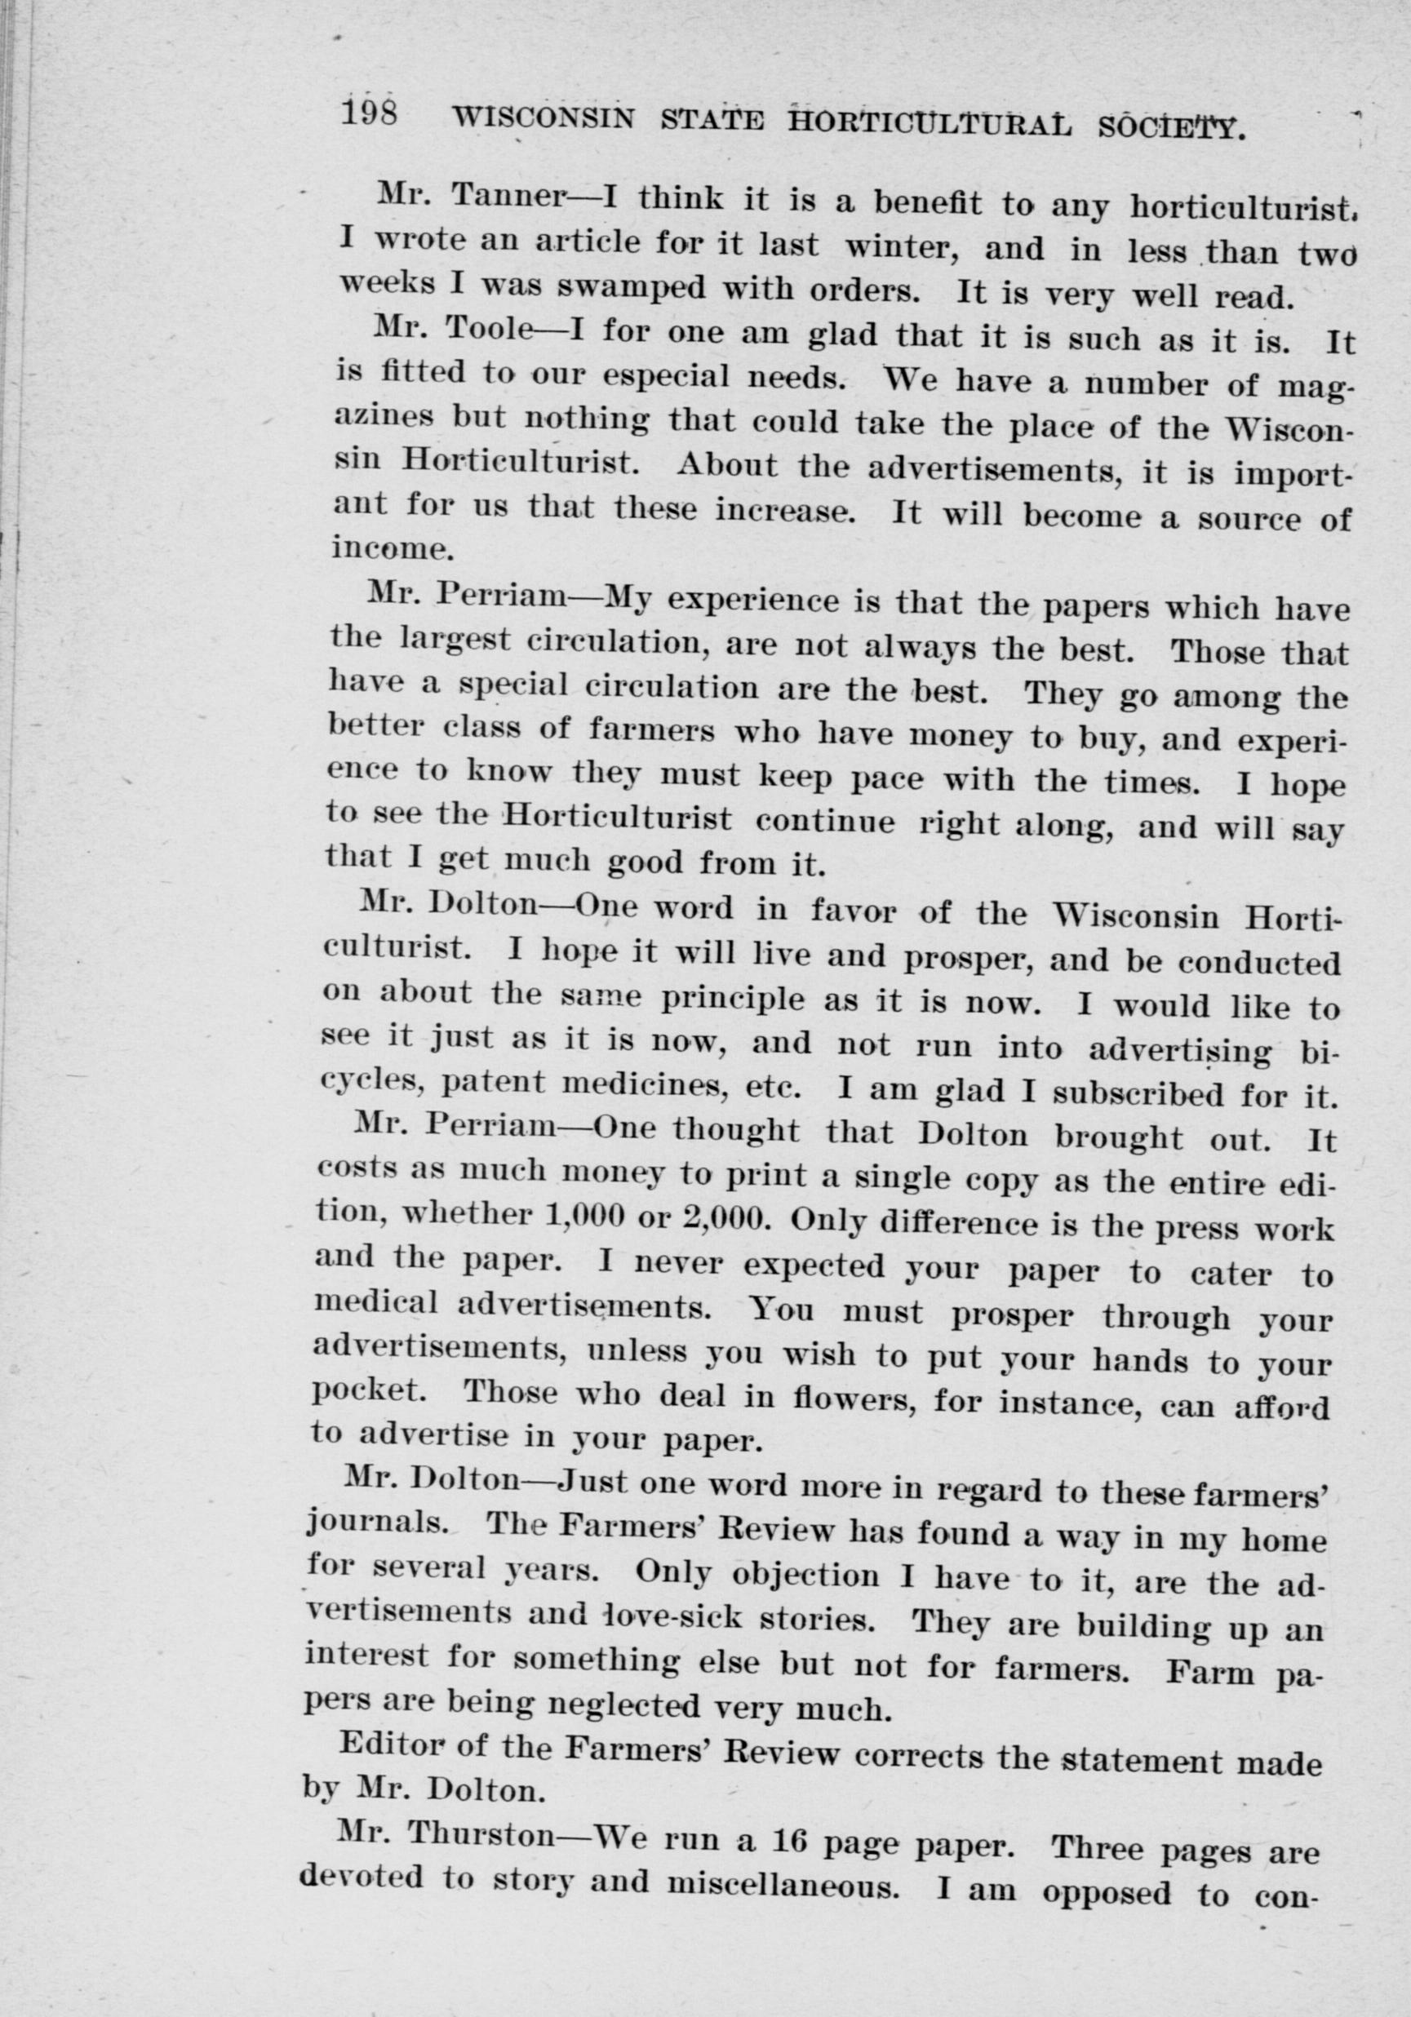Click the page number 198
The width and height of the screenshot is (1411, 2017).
coord(369,114)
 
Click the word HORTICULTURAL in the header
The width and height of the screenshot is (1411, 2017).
coord(930,124)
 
